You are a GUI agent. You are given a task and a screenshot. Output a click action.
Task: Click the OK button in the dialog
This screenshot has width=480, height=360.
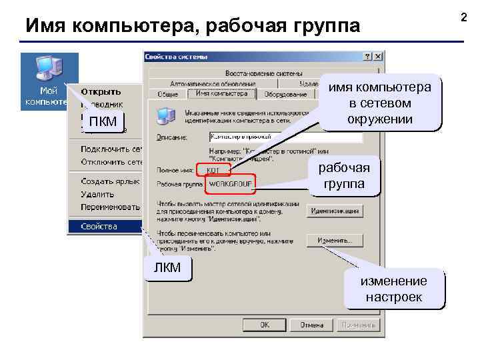pos(265,325)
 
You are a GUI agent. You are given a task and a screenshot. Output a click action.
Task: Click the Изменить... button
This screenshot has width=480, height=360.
pos(335,240)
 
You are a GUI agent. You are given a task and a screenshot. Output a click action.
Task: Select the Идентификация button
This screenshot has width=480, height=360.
pos(335,211)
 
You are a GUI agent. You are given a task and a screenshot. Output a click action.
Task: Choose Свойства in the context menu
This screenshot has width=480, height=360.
pos(99,227)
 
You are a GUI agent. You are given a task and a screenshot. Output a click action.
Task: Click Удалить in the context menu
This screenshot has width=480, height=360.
pos(97,194)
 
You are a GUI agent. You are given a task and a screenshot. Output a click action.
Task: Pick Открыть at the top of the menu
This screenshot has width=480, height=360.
pos(101,91)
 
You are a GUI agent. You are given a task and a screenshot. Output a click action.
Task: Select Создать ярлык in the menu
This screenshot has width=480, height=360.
pos(110,181)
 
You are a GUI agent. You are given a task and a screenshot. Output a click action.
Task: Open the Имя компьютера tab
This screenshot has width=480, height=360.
pos(221,94)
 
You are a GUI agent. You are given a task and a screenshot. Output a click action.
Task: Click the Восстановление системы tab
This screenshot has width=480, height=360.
pos(263,73)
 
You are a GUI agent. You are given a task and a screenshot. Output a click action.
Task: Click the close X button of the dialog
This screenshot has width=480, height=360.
pos(378,57)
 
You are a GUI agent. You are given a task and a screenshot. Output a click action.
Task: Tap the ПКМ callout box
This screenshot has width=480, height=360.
pos(102,121)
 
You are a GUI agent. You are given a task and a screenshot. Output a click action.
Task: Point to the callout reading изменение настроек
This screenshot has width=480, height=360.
pos(393,289)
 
